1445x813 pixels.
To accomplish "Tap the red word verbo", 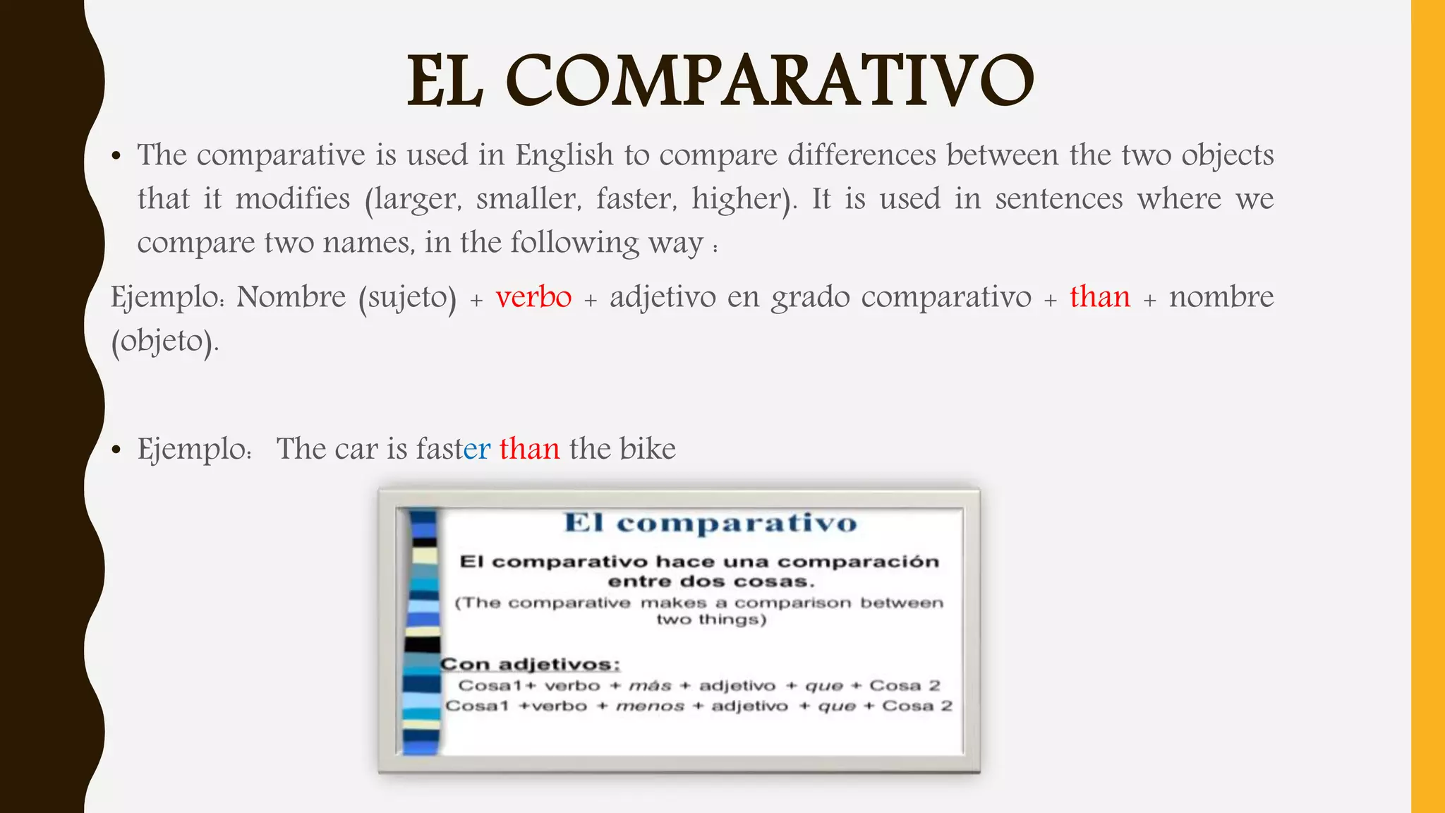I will tap(533, 297).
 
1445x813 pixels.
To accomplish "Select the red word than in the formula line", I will tap(1099, 297).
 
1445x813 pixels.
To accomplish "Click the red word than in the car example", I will tap(529, 449).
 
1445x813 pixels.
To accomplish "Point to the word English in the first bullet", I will tap(564, 155).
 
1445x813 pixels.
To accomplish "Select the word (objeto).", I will tap(165, 342).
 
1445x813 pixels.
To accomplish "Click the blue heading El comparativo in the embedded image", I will tap(711, 523).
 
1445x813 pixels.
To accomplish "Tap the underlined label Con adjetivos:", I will tap(530, 664).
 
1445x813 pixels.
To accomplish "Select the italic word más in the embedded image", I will tap(650, 685).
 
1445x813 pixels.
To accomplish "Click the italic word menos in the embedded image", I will tap(650, 706).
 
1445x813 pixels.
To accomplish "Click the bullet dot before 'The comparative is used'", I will tap(117, 157).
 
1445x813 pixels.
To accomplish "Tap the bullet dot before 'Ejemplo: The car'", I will tap(117, 450).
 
